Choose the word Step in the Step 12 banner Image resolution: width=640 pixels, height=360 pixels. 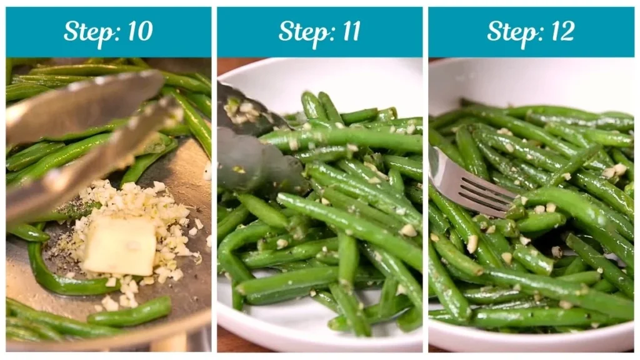(x=512, y=32)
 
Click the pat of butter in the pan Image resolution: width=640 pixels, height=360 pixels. (x=119, y=245)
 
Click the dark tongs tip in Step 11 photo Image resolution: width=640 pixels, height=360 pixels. (x=250, y=162)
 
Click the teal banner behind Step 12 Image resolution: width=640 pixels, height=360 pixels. (x=606, y=31)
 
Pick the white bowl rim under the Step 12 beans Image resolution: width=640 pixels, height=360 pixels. (x=531, y=341)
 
